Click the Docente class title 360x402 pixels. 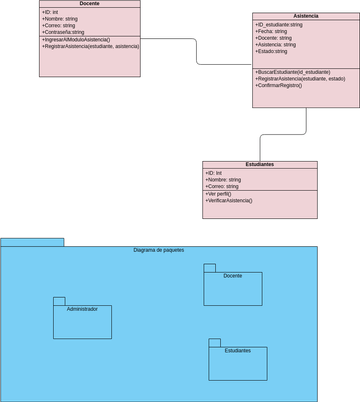point(90,4)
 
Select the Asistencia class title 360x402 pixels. point(306,16)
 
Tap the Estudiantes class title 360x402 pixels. point(259,165)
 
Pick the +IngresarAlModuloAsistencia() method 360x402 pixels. point(82,40)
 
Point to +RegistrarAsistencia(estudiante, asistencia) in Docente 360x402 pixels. point(91,47)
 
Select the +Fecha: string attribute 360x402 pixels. point(272,31)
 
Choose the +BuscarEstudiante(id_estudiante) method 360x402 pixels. point(292,72)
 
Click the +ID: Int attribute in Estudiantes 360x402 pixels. point(214,173)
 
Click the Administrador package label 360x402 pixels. point(82,309)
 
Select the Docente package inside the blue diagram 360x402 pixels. point(233,288)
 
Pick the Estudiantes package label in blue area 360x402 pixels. point(238,351)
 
